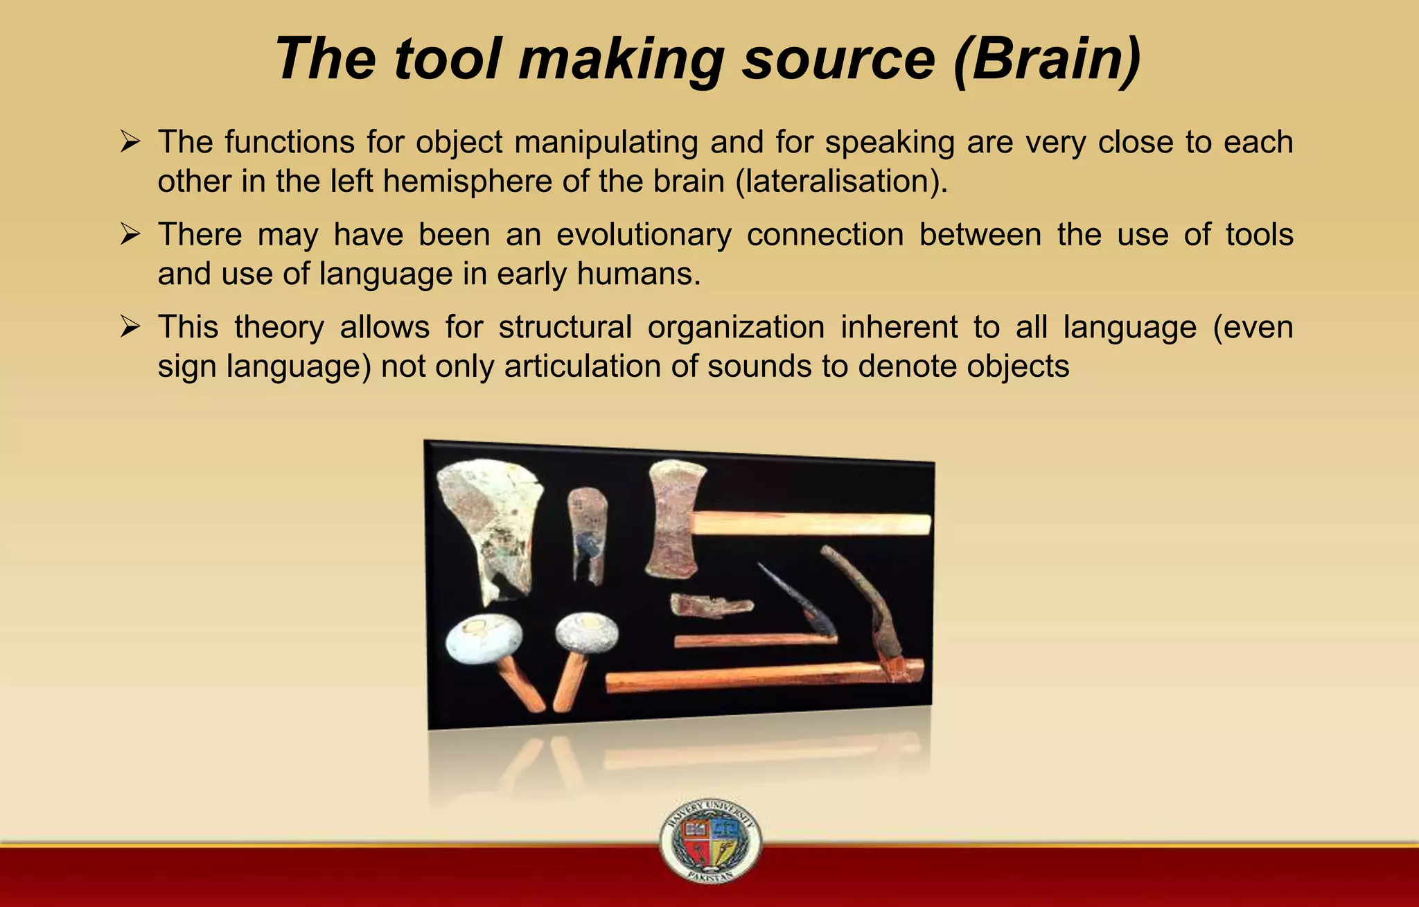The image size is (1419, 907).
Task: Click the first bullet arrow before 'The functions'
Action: click(x=130, y=143)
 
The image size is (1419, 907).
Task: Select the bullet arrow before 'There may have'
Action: click(x=130, y=235)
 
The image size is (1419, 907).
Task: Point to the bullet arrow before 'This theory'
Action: click(x=130, y=327)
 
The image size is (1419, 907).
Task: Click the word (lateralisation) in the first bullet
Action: click(x=841, y=182)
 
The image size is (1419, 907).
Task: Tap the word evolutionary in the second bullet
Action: click(x=644, y=235)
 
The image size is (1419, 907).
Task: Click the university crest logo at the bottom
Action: click(x=710, y=840)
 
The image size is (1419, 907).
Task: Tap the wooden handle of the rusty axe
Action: click(x=811, y=524)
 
